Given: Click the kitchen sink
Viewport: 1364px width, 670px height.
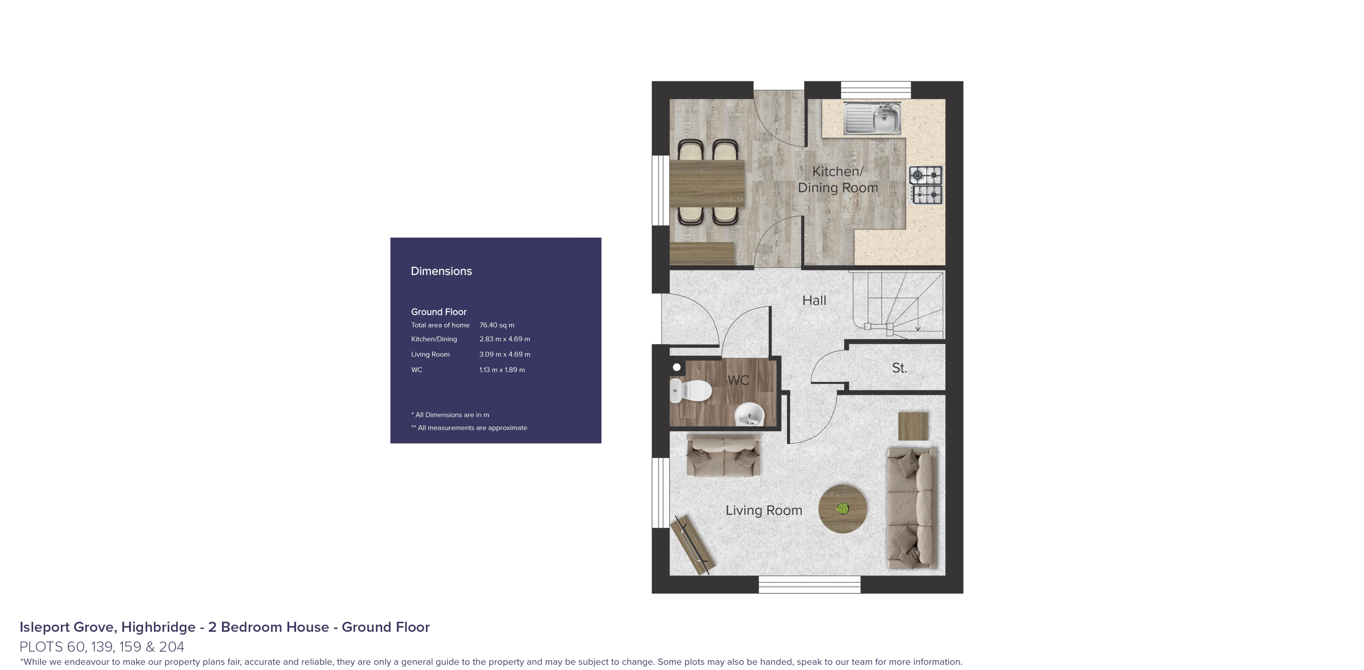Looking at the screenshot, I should coord(872,119).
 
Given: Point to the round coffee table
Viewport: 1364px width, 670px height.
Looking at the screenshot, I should coord(842,508).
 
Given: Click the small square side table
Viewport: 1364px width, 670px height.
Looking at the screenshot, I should coord(913,426).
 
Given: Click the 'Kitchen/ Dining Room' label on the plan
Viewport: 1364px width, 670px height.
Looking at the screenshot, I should coord(838,180).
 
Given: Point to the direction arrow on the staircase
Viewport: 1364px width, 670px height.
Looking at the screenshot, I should coord(918,327).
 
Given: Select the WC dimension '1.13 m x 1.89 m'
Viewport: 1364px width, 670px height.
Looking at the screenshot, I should coord(502,370).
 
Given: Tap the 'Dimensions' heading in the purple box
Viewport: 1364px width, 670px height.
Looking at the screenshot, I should coord(441,271).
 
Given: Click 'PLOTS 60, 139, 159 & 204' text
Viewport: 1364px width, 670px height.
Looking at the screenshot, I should coord(102,647).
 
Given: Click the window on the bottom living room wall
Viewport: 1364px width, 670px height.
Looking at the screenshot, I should coord(809,585).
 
